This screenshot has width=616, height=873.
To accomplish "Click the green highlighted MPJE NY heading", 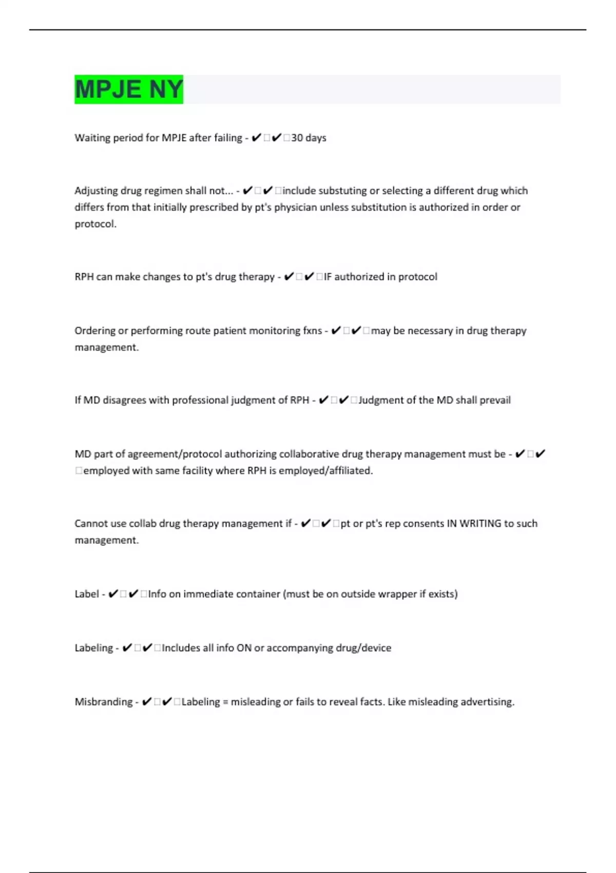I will coord(128,89).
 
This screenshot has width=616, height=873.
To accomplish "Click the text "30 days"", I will coord(309,138).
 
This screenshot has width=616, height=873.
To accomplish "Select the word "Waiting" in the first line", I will coord(92,138).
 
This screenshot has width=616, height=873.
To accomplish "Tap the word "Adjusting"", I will coord(96,191).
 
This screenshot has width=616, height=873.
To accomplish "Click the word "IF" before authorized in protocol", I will coord(328,277).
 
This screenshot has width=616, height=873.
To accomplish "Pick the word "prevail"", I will coord(495,400).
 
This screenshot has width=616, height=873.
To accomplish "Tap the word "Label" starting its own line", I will coord(86,594).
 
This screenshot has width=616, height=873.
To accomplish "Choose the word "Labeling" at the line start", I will coord(93,648).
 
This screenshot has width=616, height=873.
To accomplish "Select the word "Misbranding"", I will coord(103,702).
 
